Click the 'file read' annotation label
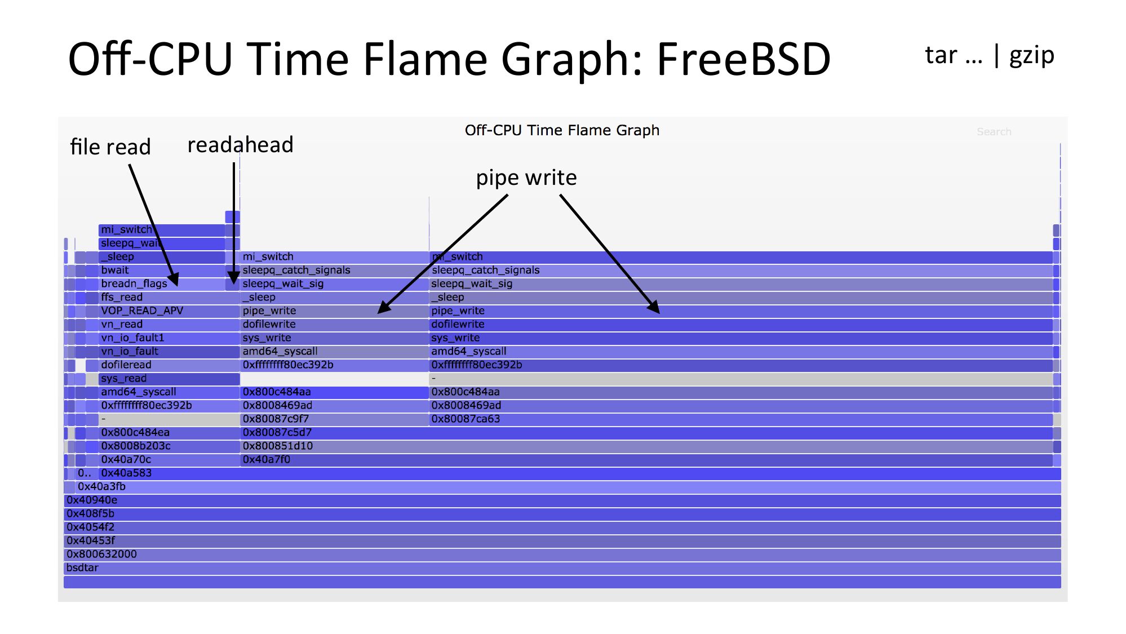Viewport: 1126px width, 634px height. click(x=110, y=147)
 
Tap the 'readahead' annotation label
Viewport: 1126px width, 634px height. click(x=240, y=145)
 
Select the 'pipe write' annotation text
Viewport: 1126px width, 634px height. click(x=526, y=178)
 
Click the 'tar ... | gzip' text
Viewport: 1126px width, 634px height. click(x=990, y=56)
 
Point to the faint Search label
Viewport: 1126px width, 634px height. click(x=994, y=132)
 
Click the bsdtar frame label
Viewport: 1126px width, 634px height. click(x=82, y=568)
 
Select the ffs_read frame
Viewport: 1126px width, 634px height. click(x=169, y=298)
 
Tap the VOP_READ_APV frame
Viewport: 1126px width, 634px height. click(x=169, y=311)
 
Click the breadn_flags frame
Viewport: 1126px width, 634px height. click(x=162, y=284)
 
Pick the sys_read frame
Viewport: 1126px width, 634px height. click(x=169, y=379)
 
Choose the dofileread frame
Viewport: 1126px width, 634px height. click(x=169, y=365)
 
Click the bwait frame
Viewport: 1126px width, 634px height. click(x=162, y=271)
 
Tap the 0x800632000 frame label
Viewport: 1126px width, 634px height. click(x=101, y=554)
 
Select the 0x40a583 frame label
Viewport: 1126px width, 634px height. click(x=126, y=473)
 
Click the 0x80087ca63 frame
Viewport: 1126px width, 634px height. click(x=741, y=419)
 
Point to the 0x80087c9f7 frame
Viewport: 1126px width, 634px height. click(x=335, y=419)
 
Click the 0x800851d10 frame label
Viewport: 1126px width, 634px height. click(x=277, y=446)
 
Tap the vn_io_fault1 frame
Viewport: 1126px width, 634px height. click(x=169, y=338)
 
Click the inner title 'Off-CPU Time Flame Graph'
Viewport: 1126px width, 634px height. click(x=562, y=131)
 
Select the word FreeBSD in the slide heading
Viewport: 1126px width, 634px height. click(x=744, y=59)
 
